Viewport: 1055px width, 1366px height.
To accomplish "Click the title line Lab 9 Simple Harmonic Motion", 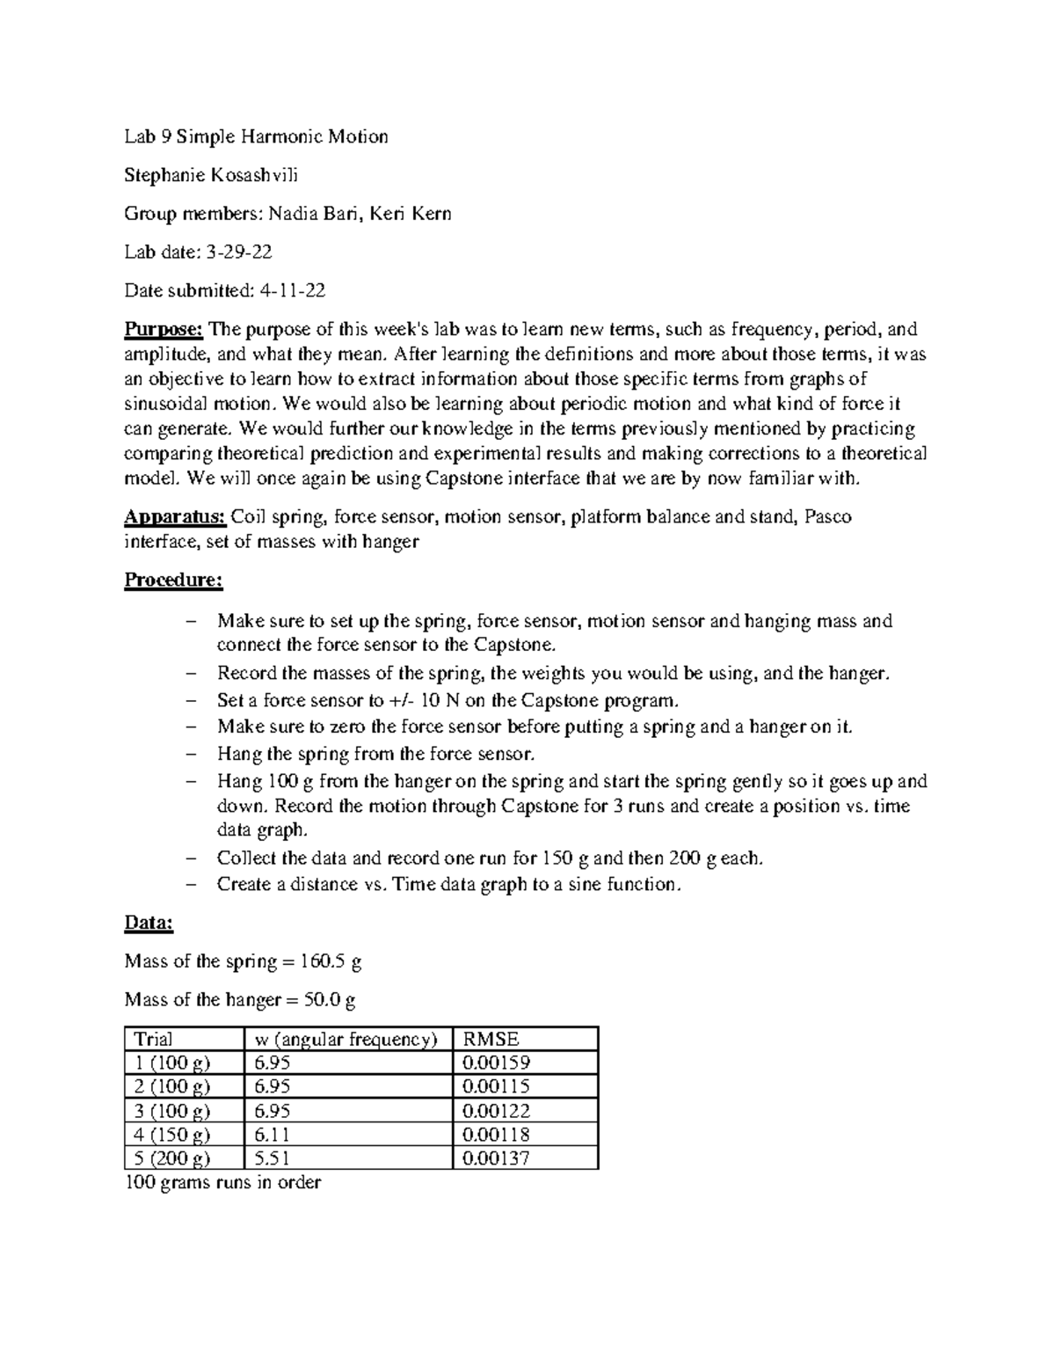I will click(x=256, y=136).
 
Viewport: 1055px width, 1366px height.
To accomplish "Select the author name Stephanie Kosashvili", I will click(x=211, y=175).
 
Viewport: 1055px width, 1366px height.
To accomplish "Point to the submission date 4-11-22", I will click(x=291, y=290).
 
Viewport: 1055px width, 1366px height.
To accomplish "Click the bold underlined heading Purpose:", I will click(x=164, y=329).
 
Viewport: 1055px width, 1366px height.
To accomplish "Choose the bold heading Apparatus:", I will click(x=175, y=516).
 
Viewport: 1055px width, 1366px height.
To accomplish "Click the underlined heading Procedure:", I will click(x=173, y=581).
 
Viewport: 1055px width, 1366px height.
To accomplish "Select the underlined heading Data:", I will click(x=149, y=924).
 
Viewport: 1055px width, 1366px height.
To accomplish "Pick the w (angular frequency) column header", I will click(x=346, y=1039).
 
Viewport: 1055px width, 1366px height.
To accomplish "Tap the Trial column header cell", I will click(x=153, y=1039).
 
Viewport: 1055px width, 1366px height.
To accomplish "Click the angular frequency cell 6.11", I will click(x=272, y=1135).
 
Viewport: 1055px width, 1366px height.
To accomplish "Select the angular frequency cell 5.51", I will click(x=272, y=1158).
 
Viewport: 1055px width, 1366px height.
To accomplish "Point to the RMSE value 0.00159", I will click(x=496, y=1063).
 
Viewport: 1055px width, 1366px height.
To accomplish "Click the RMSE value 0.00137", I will click(x=496, y=1158).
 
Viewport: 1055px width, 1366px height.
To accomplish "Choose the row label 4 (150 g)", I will click(x=172, y=1135).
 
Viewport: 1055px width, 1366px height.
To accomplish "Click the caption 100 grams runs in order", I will click(x=222, y=1183).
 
